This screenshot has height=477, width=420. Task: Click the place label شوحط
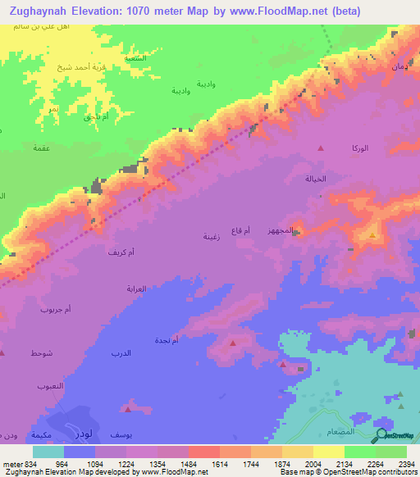click(x=42, y=352)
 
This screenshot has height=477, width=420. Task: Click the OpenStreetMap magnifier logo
click(x=381, y=435)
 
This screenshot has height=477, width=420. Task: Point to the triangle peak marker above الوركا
click(x=321, y=148)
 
